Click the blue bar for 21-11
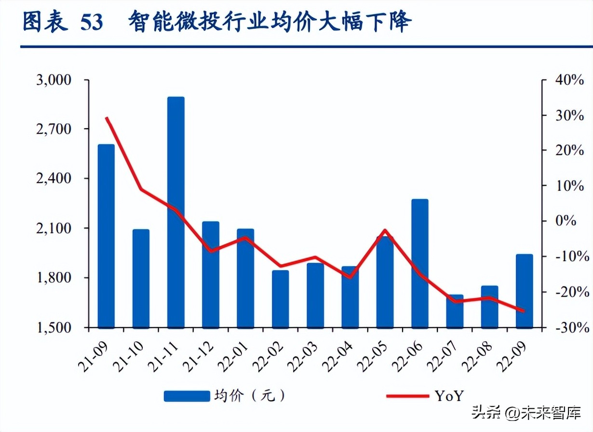click(176, 212)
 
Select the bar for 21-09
click(106, 236)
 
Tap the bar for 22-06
click(420, 263)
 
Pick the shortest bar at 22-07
click(455, 311)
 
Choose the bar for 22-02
click(280, 299)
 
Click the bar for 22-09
click(525, 291)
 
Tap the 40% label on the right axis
click(569, 80)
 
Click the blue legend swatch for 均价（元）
click(187, 396)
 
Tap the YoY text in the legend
click(449, 396)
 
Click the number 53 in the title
click(92, 23)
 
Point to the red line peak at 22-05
click(385, 230)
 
